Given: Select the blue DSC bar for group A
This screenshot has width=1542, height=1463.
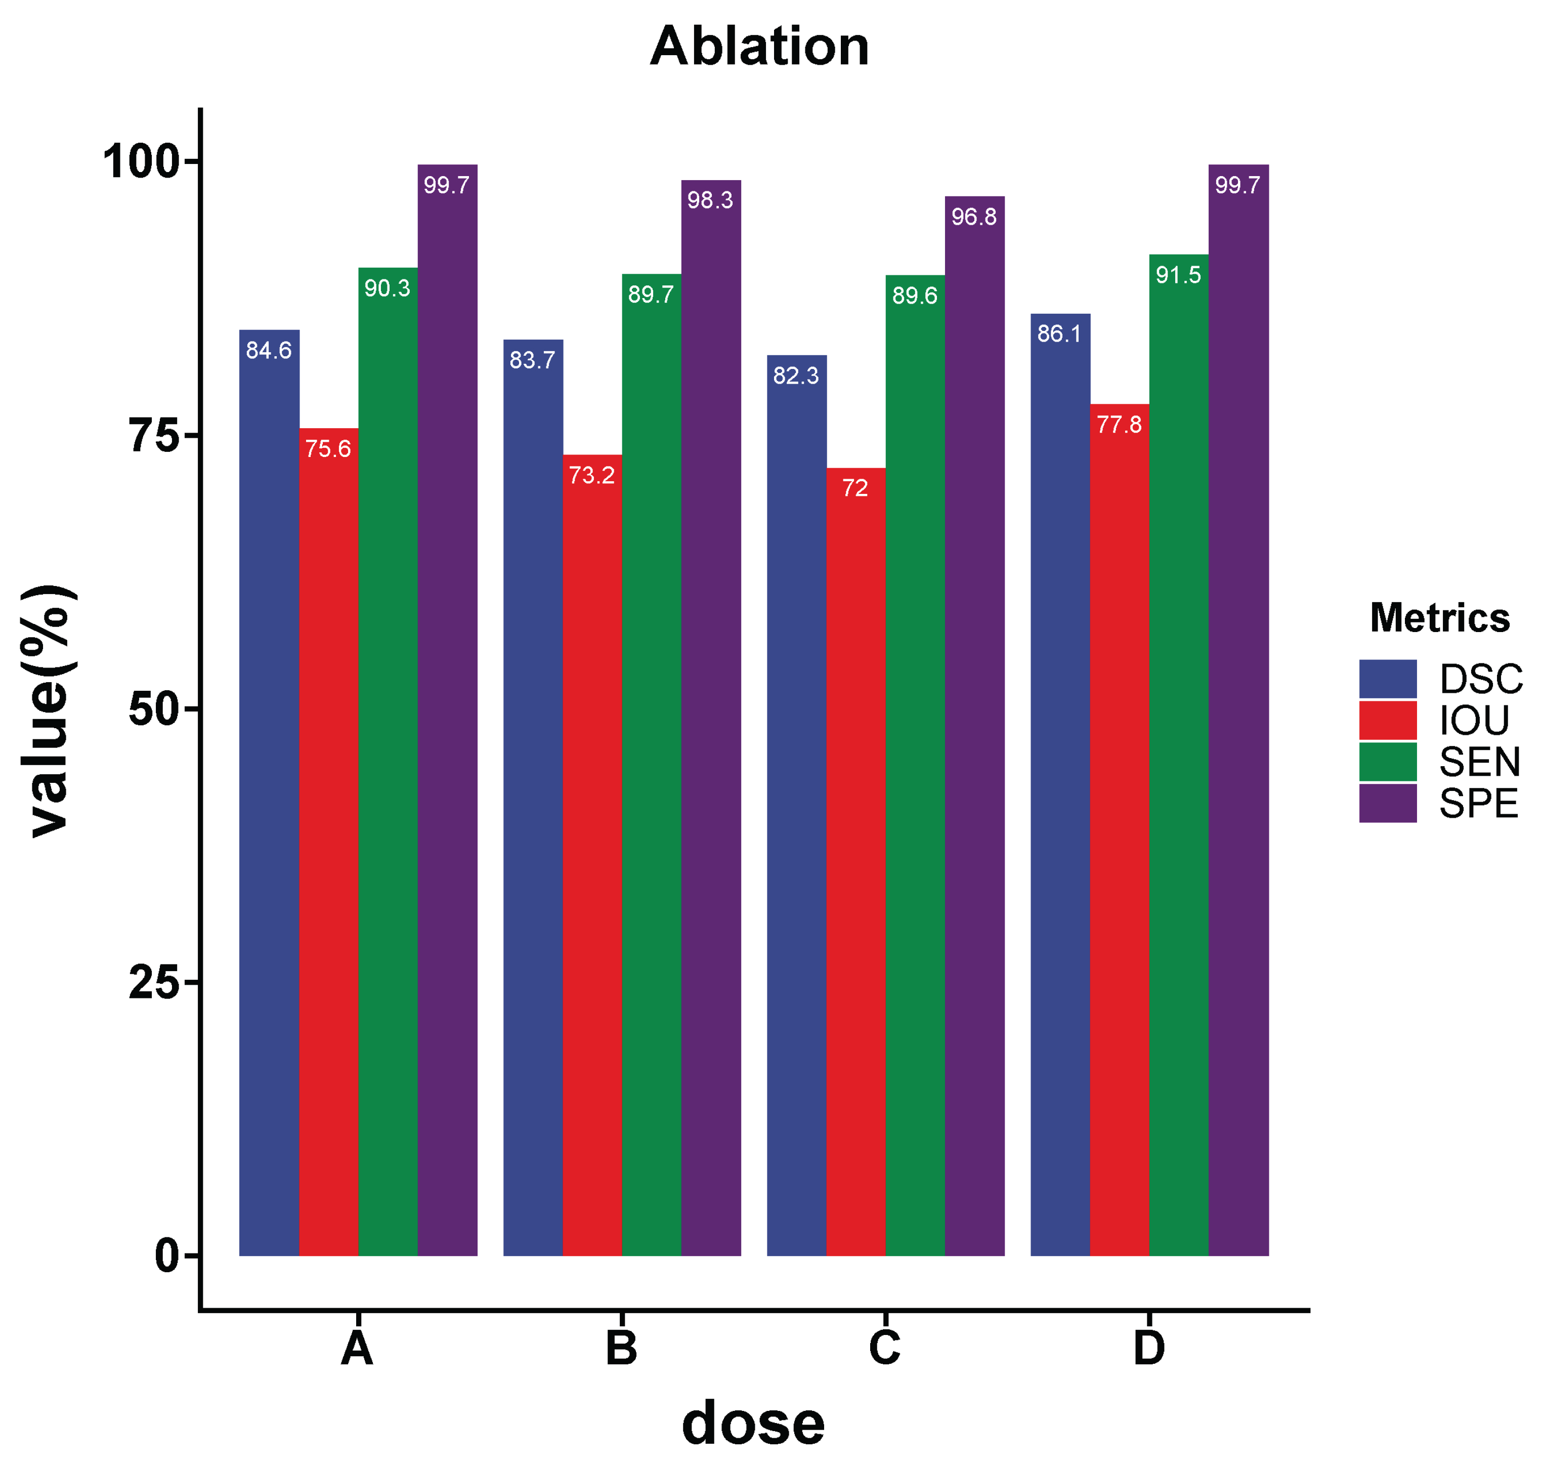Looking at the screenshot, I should [x=269, y=780].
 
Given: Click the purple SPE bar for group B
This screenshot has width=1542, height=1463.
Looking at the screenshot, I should [x=710, y=702].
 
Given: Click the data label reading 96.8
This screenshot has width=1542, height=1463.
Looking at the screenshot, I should [x=974, y=217].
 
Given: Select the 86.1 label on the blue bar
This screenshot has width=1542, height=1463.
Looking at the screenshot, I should [x=1059, y=334].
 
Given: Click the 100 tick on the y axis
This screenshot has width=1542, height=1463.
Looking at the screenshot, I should [x=140, y=162].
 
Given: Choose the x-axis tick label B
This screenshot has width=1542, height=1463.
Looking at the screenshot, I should [x=621, y=1348].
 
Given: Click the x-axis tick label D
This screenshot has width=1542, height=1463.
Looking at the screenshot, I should [x=1149, y=1348].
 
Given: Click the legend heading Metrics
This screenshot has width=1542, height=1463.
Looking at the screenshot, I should [x=1439, y=618].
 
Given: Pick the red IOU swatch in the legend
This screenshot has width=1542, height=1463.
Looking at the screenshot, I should [x=1388, y=720].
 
